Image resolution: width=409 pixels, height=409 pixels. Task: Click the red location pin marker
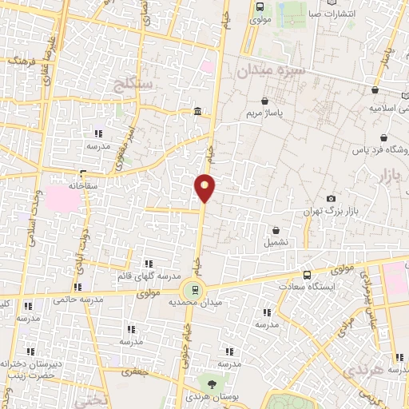205,187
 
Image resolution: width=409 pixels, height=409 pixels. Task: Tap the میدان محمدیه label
192,304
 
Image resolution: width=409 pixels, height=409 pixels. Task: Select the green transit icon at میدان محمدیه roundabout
192,289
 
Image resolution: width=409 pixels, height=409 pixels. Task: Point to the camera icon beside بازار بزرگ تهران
332,198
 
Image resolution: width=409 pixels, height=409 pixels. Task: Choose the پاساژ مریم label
265,113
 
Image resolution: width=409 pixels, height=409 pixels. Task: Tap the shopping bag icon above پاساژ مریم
265,101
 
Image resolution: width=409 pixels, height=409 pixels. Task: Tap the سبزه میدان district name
266,71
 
